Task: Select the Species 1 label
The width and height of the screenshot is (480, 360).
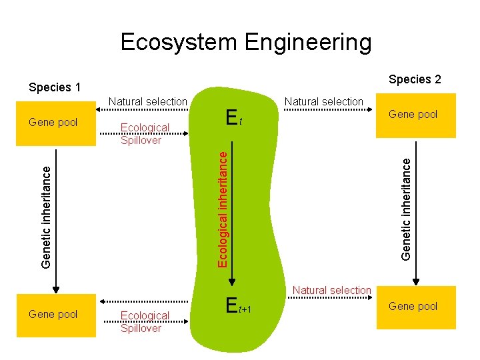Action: click(x=54, y=87)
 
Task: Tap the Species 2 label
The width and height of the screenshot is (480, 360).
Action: click(x=415, y=79)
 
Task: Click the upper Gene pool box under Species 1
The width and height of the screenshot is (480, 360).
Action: click(x=53, y=123)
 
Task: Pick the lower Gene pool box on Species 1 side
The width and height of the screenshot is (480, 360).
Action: click(x=53, y=313)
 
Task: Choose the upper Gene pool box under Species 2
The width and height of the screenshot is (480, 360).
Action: click(x=413, y=115)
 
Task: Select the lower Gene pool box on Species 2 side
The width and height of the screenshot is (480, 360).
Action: click(x=413, y=307)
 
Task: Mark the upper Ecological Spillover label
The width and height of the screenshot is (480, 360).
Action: click(x=144, y=133)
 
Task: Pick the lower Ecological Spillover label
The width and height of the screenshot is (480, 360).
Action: click(x=144, y=321)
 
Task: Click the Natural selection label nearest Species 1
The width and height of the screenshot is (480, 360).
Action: click(x=147, y=101)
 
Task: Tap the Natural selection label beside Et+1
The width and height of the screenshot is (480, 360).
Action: click(x=331, y=290)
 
